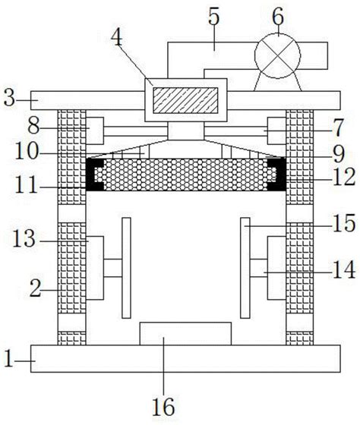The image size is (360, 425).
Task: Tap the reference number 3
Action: (10, 99)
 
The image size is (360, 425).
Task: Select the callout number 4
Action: (117, 39)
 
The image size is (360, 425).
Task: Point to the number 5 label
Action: (213, 17)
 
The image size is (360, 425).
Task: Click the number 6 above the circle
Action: (278, 17)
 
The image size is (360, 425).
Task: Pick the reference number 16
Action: (163, 407)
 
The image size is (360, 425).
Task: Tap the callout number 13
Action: (24, 239)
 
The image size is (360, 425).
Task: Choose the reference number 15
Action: (344, 223)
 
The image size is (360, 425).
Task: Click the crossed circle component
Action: (277, 55)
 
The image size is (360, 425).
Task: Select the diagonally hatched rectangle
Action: (185, 100)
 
